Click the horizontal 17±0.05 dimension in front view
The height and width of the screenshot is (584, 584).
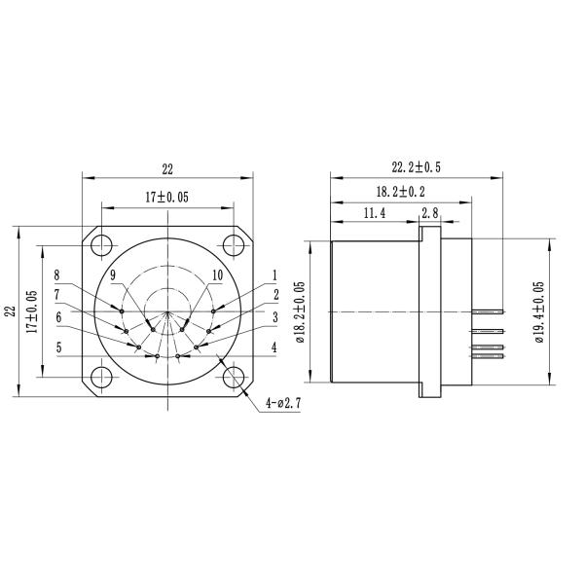[166, 196]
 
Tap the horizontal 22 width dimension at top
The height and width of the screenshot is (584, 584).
[167, 168]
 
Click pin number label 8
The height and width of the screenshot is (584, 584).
[57, 275]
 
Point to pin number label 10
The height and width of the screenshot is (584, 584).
[217, 275]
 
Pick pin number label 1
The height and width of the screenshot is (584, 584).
[275, 275]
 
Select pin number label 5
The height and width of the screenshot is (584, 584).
[58, 347]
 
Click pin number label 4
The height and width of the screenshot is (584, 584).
[274, 347]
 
